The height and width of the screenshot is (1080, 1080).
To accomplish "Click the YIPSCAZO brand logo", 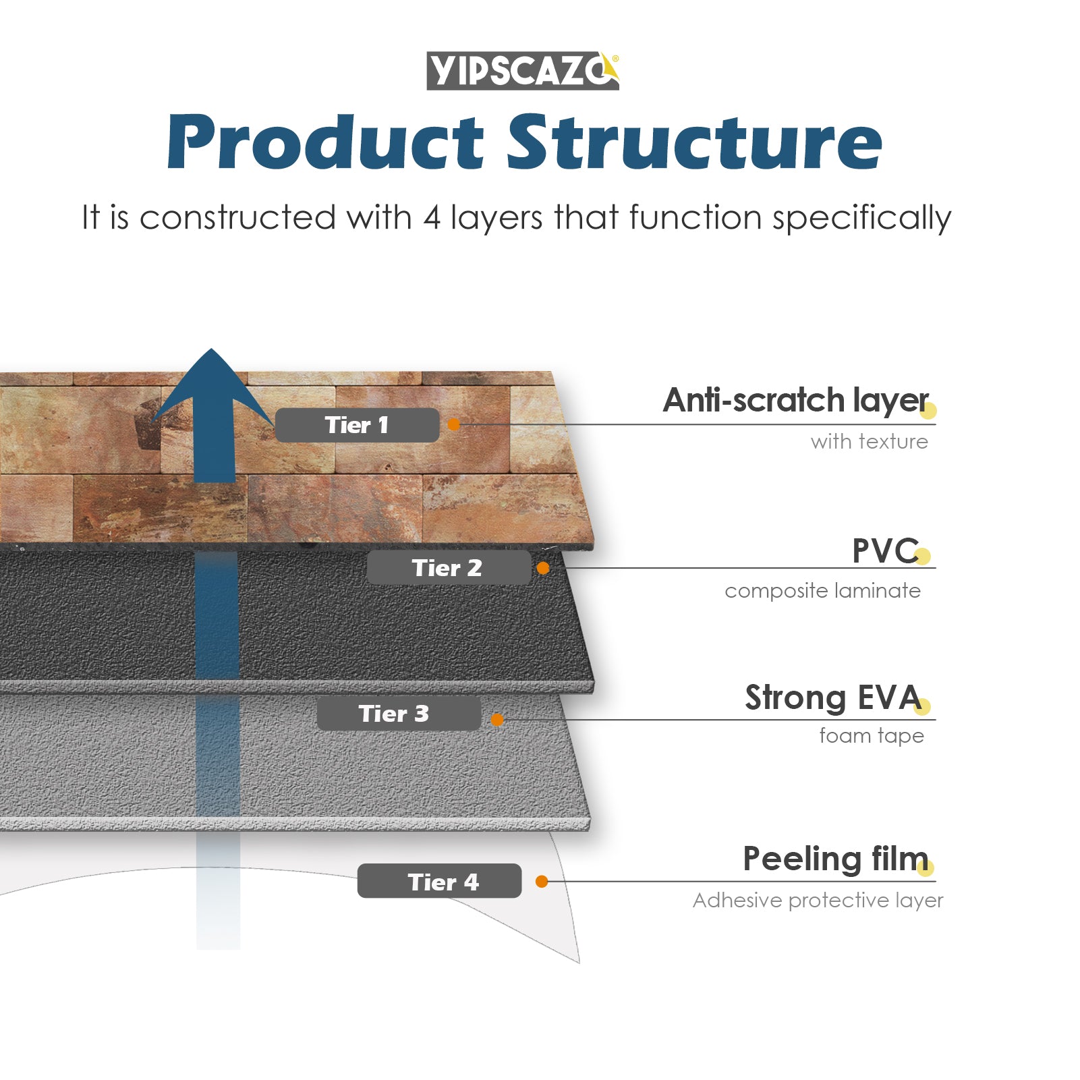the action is [x=523, y=71].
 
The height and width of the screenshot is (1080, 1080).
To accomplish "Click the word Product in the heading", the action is [x=326, y=142].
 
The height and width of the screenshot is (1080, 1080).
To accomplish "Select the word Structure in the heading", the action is [x=695, y=142].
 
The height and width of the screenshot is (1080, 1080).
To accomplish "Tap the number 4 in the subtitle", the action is [x=432, y=218].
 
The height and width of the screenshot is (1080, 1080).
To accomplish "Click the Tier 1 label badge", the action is [x=357, y=425].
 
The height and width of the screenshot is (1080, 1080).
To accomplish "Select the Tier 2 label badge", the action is [x=449, y=568].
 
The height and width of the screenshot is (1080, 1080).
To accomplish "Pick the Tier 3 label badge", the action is [x=399, y=714].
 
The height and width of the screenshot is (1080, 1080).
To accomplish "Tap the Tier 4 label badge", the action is [x=439, y=881].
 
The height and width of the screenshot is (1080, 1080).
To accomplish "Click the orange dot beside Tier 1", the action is [x=454, y=424].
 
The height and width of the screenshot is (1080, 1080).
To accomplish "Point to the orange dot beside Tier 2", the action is [x=543, y=568].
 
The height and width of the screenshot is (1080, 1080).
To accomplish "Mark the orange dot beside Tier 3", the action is [x=497, y=720].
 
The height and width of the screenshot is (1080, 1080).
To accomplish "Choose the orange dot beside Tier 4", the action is [x=542, y=881].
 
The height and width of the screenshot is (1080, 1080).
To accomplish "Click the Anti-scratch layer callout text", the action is [x=796, y=401].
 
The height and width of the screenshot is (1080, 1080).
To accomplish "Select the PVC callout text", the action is [x=885, y=551].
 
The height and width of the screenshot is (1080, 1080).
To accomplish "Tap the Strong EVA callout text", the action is [x=833, y=698].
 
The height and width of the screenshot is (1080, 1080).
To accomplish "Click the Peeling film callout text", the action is [x=836, y=859].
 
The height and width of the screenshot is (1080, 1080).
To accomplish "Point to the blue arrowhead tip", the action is [x=211, y=349].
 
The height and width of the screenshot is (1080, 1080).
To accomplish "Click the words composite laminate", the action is [x=822, y=591].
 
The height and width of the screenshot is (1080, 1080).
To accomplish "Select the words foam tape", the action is [x=872, y=736].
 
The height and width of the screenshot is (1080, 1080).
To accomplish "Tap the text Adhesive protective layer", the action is [x=818, y=901].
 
